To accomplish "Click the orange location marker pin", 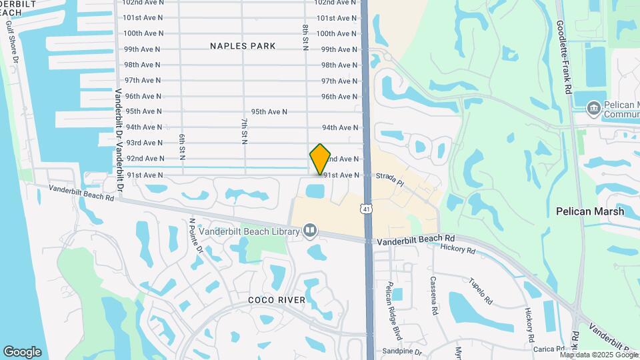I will point(321,159).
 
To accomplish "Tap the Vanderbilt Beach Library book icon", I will point(309,231).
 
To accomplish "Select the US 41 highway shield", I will point(367,209).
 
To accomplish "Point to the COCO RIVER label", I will point(277,300).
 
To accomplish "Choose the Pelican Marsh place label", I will point(590,211).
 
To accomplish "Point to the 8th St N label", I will point(305,36).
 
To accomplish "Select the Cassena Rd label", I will point(433,295).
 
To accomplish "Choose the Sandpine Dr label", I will point(402,351).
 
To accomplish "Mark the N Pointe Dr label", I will point(195,236).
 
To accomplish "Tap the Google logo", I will point(22,351).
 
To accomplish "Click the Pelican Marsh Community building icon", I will point(593,107).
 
